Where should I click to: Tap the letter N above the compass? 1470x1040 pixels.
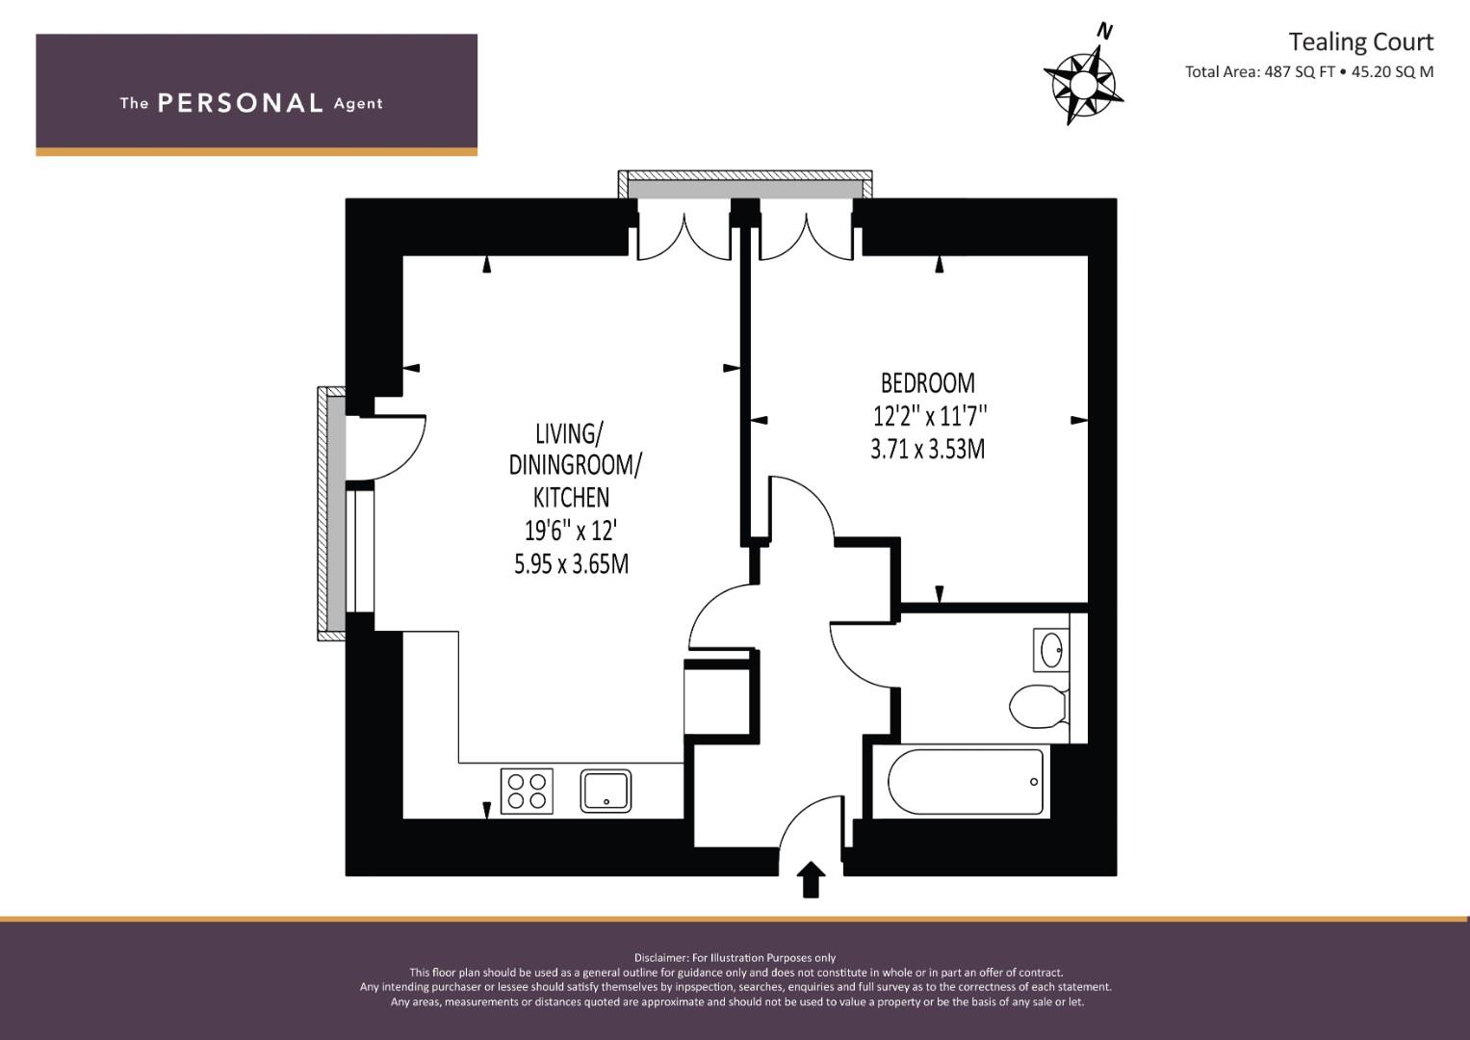(1106, 31)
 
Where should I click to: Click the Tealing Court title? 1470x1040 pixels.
(1361, 42)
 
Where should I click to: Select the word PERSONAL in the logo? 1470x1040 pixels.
(241, 103)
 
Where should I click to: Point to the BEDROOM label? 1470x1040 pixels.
(928, 383)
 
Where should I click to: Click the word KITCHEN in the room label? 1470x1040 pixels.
(571, 498)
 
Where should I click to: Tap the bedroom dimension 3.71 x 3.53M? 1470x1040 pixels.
(928, 449)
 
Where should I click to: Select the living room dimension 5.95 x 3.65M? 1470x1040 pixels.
(571, 564)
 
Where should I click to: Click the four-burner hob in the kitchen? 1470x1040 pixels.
(527, 792)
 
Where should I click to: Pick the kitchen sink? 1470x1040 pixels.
(606, 792)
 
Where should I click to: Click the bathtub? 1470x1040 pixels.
(966, 782)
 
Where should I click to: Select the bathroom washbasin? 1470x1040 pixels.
(1051, 650)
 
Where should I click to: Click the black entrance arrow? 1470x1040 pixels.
(812, 879)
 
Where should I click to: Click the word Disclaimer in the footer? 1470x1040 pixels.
(660, 958)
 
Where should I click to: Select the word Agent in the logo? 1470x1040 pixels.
(358, 104)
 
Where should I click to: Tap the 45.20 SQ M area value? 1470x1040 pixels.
(1393, 71)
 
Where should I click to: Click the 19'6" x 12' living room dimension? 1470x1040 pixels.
(571, 531)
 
